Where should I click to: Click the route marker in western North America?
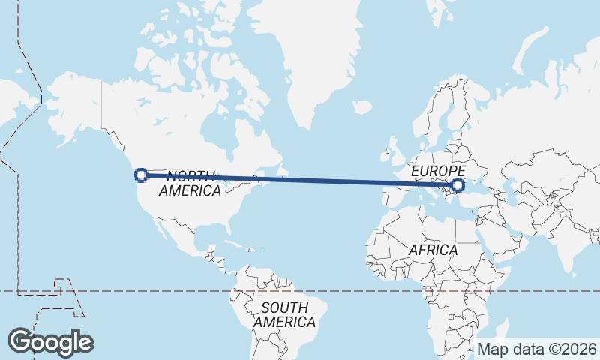(139, 175)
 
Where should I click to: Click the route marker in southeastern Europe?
(458, 184)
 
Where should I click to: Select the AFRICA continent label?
(433, 250)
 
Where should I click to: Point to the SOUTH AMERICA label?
(283, 314)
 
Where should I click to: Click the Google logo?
(50, 342)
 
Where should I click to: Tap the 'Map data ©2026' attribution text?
(537, 349)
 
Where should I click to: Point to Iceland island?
(362, 107)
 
